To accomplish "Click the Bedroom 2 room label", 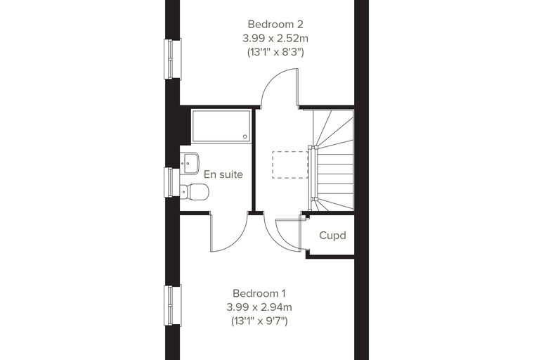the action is [x=275, y=25].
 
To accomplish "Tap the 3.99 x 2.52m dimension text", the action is [x=275, y=39].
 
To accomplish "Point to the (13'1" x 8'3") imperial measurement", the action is [x=275, y=52].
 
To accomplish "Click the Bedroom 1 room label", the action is [x=259, y=293].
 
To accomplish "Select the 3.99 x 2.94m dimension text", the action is [x=259, y=307].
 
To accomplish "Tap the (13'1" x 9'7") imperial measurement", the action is [x=259, y=321].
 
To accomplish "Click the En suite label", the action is [x=223, y=174].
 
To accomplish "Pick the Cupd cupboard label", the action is [x=333, y=236].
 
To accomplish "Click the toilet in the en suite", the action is [x=193, y=192].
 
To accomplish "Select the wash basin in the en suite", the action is [x=189, y=164].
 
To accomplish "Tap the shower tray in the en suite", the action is [x=221, y=126].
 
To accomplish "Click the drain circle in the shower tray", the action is [x=245, y=136].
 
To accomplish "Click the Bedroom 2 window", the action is [x=173, y=58].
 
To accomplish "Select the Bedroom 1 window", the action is [x=173, y=305].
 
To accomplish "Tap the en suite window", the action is [x=172, y=182].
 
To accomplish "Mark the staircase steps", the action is [x=333, y=160].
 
